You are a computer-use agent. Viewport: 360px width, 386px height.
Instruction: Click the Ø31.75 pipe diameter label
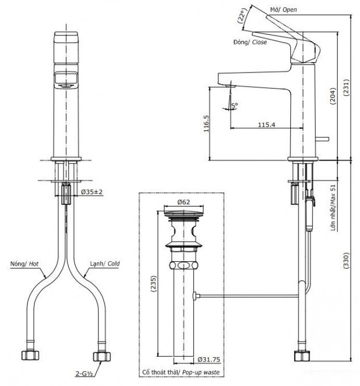(x=209, y=359)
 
